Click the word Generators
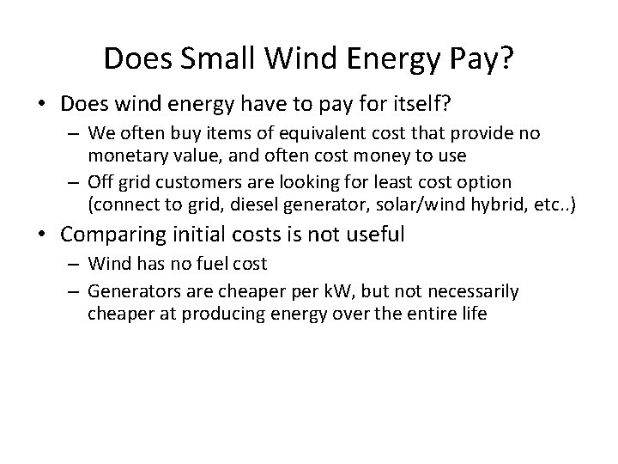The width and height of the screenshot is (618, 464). (x=130, y=290)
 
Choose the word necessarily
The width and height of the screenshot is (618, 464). (x=476, y=290)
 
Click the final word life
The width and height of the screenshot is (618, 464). (x=471, y=312)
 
